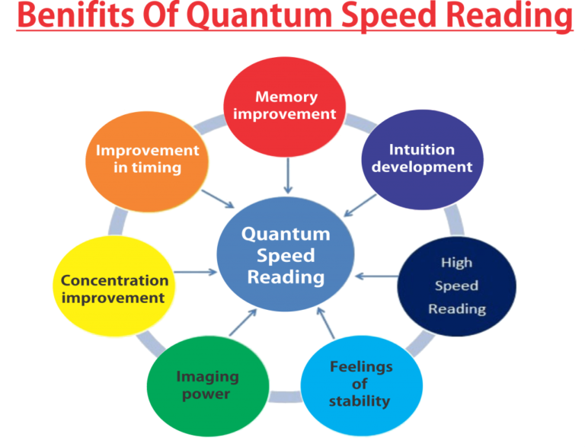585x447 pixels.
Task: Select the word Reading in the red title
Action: tap(506, 17)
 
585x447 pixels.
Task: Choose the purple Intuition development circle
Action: tap(421, 158)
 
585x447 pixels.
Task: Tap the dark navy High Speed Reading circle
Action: tap(456, 286)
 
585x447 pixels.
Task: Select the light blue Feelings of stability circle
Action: tap(360, 384)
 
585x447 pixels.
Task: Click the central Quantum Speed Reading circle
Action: tap(286, 256)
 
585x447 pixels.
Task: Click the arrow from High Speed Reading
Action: tap(376, 275)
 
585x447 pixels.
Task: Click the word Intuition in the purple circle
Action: tap(421, 149)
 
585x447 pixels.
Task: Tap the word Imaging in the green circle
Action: tap(207, 376)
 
